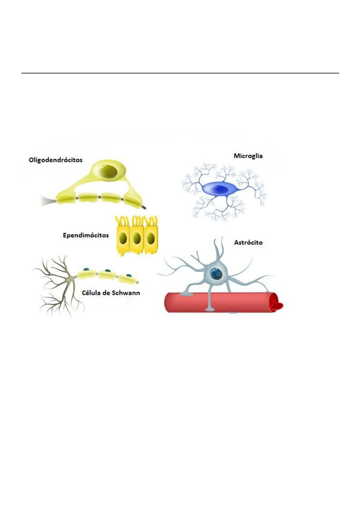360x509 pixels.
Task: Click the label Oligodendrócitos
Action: [55, 160]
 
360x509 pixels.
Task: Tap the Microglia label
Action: [248, 156]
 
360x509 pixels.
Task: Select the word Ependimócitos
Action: [86, 235]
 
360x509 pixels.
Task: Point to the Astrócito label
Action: [248, 242]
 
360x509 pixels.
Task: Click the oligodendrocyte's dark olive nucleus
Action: [110, 171]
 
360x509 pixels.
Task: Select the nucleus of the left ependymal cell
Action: [123, 239]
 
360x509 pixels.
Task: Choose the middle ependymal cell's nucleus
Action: [136, 239]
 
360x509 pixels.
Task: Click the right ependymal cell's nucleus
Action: [150, 239]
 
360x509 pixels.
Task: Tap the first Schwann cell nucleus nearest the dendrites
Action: [86, 269]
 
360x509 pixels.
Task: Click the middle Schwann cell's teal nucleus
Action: [107, 271]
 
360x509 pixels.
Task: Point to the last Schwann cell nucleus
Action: [129, 275]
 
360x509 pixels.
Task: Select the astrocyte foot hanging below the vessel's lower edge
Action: [209, 309]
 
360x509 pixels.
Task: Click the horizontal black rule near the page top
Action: [180, 73]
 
